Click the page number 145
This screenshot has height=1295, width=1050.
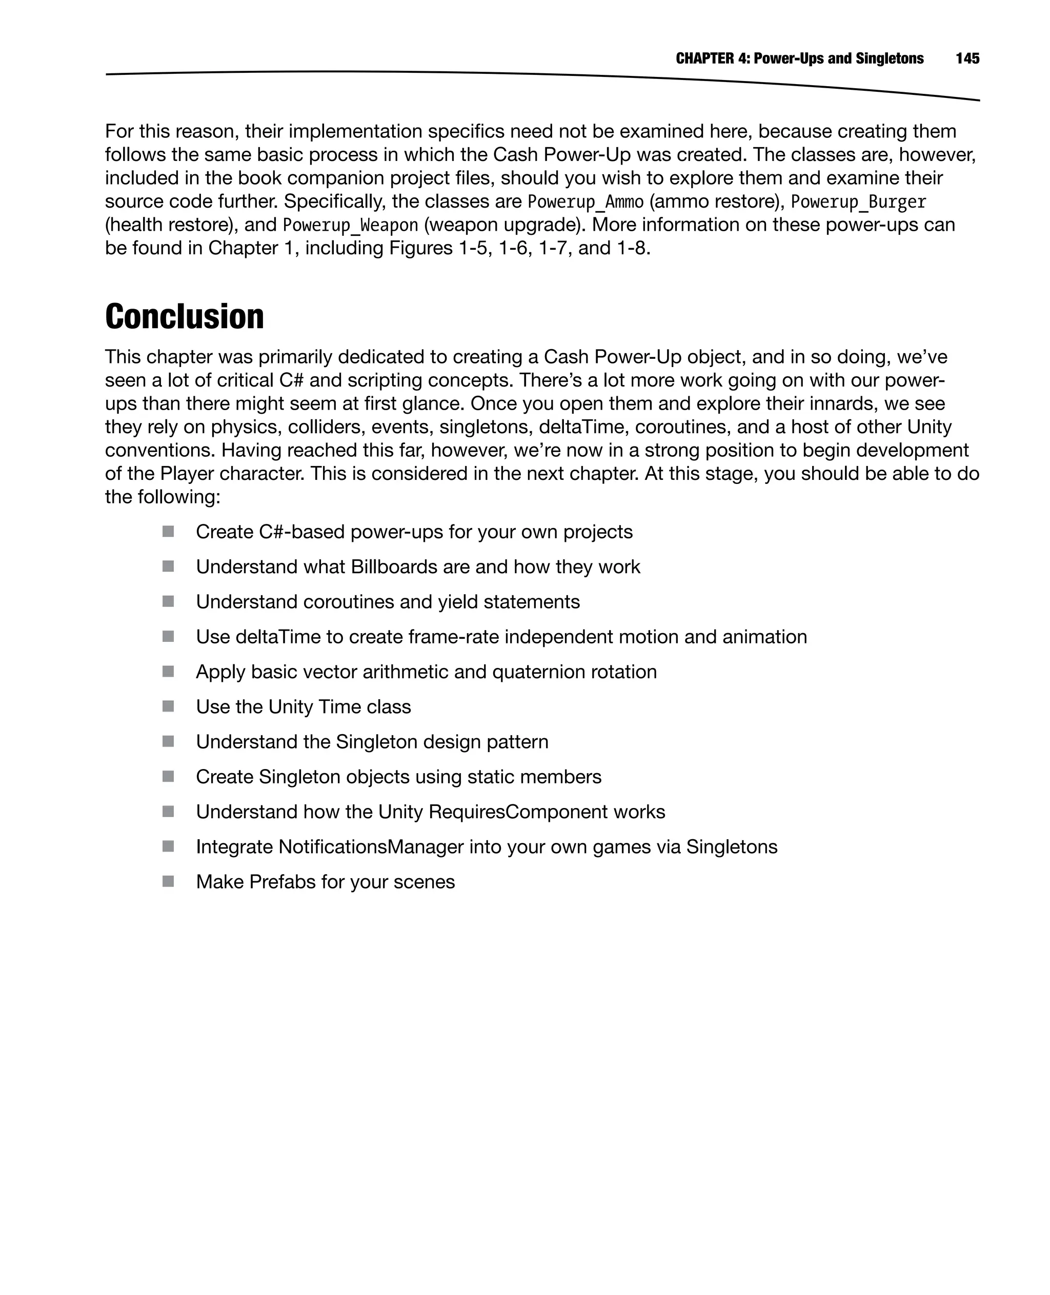tap(967, 58)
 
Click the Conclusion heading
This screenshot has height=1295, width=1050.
tap(185, 316)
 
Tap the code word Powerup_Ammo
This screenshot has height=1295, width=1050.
tap(585, 201)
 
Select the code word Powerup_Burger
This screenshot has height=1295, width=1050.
tap(858, 201)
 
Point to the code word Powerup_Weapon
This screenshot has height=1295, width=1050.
tap(350, 225)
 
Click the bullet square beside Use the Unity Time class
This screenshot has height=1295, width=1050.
tap(168, 706)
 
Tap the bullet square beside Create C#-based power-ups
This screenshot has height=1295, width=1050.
tap(168, 532)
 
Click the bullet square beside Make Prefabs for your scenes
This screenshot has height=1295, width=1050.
tap(168, 881)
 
